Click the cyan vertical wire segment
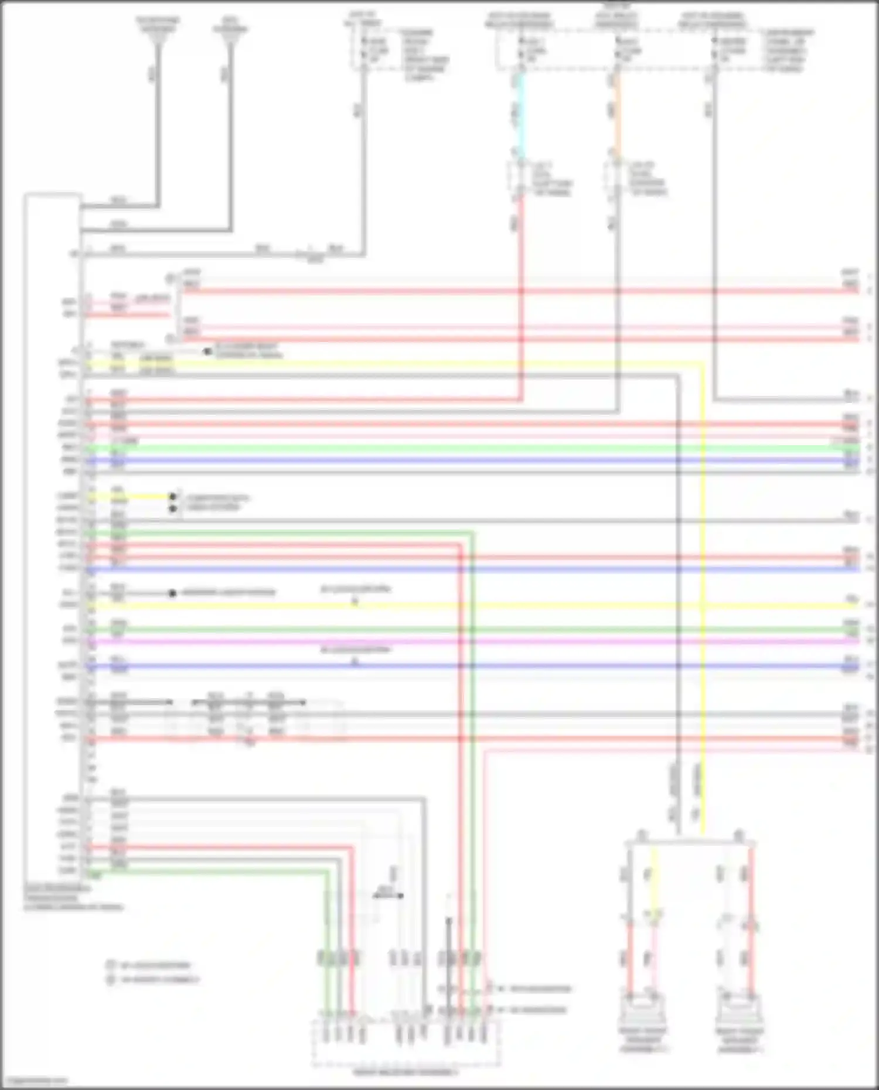coord(519,111)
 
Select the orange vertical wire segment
coord(617,111)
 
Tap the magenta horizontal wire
coord(469,642)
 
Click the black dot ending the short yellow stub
coord(173,497)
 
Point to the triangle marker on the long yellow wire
coord(355,602)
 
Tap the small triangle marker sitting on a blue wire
coord(355,662)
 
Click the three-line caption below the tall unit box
coord(73,898)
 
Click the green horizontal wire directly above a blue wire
coord(469,449)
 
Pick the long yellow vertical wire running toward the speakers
coord(703,586)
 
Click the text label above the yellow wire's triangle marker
coord(355,589)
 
